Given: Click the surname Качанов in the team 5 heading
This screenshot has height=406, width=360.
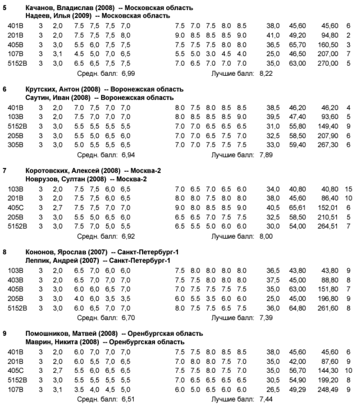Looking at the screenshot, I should click(x=39, y=8).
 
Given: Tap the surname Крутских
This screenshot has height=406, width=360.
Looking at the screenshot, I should click(x=40, y=90).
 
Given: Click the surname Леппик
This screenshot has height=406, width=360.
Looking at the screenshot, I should click(x=38, y=261).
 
